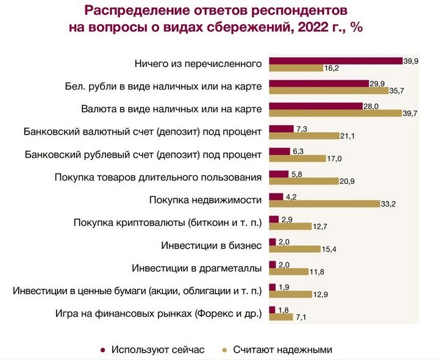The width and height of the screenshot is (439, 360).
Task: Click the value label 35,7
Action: click(x=398, y=91)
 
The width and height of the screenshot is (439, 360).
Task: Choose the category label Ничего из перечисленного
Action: click(x=198, y=63)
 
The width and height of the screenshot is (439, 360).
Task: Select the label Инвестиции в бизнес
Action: click(x=212, y=245)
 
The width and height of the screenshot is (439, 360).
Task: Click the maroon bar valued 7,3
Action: click(x=280, y=128)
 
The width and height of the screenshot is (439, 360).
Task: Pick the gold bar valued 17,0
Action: click(x=296, y=158)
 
